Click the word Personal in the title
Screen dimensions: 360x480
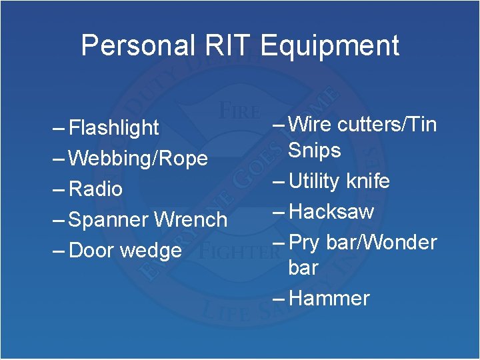click(x=137, y=46)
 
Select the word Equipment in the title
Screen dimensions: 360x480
click(x=330, y=46)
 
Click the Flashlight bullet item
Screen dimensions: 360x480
click(x=114, y=127)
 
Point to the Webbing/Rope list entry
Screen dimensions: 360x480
click(x=138, y=158)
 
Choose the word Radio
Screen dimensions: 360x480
click(x=95, y=189)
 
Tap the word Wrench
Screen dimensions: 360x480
click(x=191, y=219)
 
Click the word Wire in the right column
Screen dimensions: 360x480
click(x=311, y=124)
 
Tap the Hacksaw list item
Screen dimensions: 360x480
click(x=331, y=211)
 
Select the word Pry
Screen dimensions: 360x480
click(x=305, y=242)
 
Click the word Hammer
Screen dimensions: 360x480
click(x=329, y=298)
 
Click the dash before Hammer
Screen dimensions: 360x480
click(x=279, y=298)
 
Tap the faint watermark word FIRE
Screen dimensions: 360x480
click(x=236, y=109)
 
